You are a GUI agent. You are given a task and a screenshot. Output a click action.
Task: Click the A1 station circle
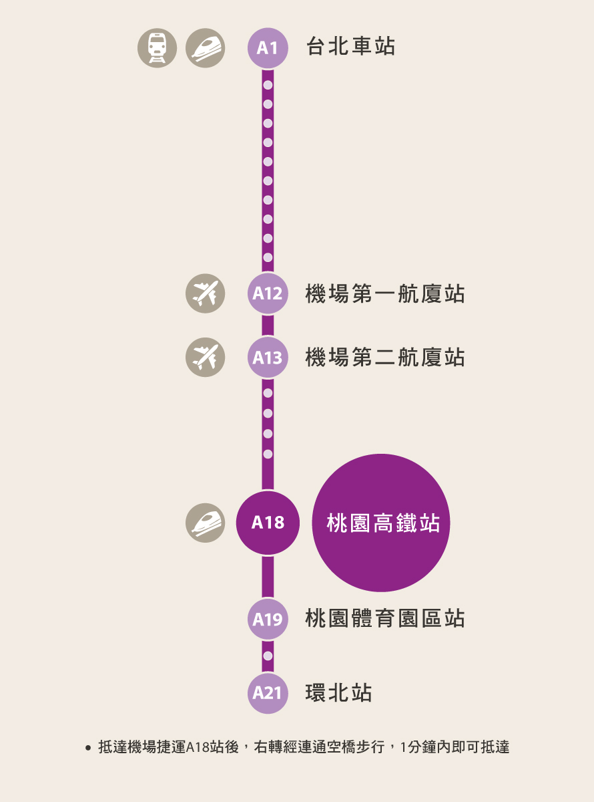click(x=268, y=48)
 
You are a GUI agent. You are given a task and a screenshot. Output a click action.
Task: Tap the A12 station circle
click(x=268, y=293)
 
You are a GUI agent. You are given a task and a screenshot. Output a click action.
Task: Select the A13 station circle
click(x=268, y=358)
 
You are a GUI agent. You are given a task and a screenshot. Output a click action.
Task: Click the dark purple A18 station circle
click(x=268, y=523)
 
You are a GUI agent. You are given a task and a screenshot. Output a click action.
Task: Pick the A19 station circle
click(x=268, y=619)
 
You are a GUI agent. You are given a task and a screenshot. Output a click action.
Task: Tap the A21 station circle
click(x=268, y=693)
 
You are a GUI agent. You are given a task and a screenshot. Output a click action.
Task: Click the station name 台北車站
click(x=350, y=46)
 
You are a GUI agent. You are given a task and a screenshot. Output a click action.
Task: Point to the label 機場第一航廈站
click(x=385, y=293)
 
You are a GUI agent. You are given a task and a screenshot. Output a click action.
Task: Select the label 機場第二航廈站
click(x=385, y=358)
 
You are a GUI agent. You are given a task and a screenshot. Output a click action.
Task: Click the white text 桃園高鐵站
click(x=383, y=523)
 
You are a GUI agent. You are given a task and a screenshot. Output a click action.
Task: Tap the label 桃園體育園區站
click(x=385, y=618)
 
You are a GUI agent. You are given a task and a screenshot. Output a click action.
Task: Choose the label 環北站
click(x=338, y=693)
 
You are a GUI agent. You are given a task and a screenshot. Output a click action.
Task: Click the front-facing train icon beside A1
click(x=157, y=48)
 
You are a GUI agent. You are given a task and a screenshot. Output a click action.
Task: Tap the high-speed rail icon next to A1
click(x=205, y=48)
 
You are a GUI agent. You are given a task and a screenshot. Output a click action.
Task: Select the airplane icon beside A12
click(x=205, y=293)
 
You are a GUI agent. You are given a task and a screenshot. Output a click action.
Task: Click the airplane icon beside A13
click(x=205, y=358)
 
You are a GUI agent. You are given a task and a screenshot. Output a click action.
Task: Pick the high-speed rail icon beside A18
click(x=205, y=523)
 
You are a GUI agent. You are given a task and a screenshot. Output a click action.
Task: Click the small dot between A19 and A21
click(x=268, y=656)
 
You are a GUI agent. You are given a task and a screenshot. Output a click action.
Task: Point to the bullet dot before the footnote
click(x=88, y=748)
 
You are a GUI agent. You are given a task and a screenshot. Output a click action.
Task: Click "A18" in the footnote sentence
click(x=198, y=747)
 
